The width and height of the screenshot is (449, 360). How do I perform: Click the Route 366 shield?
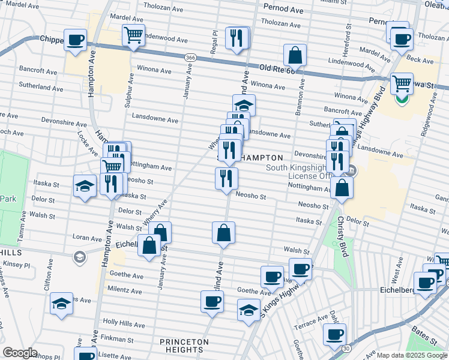190,58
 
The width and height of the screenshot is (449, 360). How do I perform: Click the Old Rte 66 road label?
279,70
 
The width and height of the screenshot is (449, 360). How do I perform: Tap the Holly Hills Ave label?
124,325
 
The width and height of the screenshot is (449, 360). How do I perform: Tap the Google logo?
20,353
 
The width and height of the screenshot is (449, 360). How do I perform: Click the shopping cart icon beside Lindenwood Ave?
133,35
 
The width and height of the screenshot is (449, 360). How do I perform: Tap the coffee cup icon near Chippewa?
76,40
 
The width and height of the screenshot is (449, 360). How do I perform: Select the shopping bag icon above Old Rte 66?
295,56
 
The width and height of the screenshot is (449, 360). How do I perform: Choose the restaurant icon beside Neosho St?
226,179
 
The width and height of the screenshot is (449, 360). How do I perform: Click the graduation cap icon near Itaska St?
85,186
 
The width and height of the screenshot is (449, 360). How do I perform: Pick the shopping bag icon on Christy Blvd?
342,188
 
